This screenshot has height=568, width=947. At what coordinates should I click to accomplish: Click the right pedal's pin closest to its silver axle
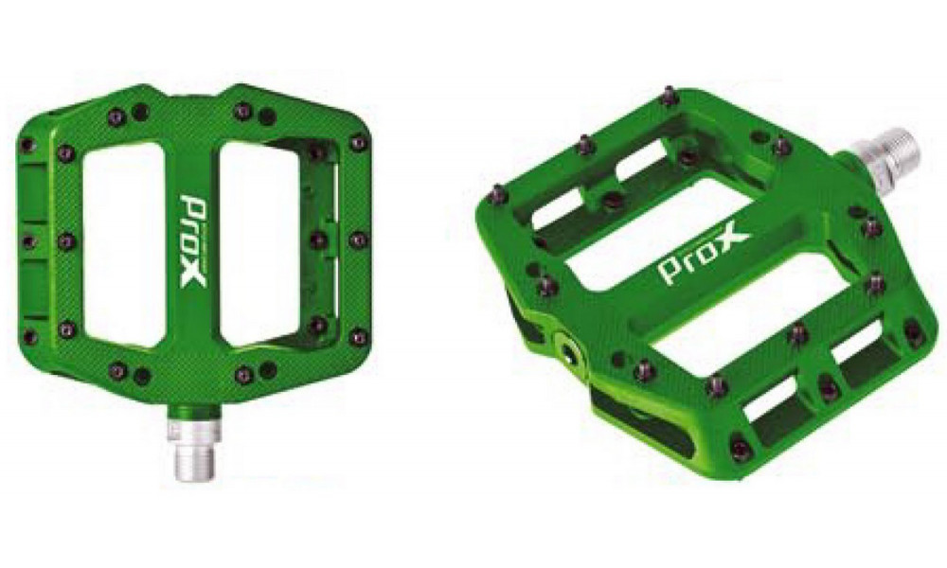(x=779, y=145)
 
